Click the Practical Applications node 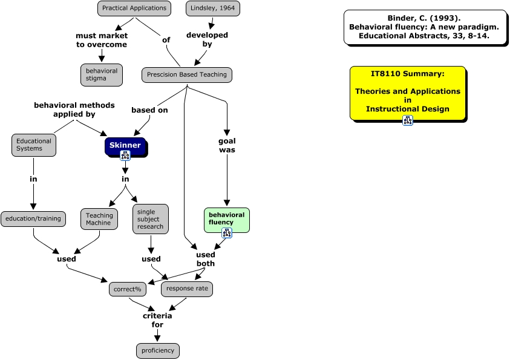[134, 8]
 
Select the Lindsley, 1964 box [212, 8]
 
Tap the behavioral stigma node [102, 75]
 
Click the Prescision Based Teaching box [187, 75]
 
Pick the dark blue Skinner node [125, 146]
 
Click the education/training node [33, 219]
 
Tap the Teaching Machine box [99, 219]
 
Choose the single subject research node [150, 218]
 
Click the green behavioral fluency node [227, 218]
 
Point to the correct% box [128, 289]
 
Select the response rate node [187, 289]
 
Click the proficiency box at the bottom [158, 350]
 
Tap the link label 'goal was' [227, 145]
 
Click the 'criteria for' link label [157, 320]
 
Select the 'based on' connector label [149, 110]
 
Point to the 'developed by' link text [208, 39]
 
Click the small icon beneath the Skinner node [125, 155]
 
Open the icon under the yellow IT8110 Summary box [408, 120]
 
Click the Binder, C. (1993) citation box [425, 27]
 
